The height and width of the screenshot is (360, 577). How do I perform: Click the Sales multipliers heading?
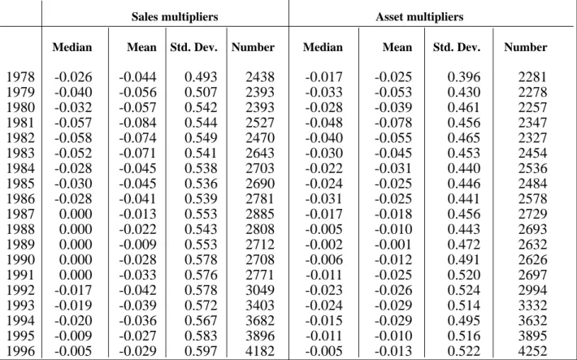coord(175,17)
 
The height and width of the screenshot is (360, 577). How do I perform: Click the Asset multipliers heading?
coord(419,17)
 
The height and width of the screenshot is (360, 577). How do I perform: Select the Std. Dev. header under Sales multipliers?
coord(193,47)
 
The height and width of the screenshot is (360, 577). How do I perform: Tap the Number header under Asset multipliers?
coord(526,47)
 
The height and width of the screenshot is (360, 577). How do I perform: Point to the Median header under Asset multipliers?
coord(323,47)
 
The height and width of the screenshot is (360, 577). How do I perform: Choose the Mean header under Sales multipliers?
coord(141,47)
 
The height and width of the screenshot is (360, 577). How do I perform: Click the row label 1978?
coord(20,77)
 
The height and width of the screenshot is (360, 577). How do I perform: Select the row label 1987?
coord(20,214)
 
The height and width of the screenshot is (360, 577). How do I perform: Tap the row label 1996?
coord(20,351)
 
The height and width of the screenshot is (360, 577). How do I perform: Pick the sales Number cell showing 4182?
coord(260,351)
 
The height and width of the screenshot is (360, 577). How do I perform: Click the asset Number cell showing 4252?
coord(532,351)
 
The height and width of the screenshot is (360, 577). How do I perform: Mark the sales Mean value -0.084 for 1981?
coord(137,123)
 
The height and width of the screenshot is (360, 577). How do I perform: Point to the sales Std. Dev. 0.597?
coord(201,351)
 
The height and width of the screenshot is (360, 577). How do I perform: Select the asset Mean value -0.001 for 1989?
coord(393,245)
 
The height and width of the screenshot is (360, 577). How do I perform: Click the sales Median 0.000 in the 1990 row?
coord(76,259)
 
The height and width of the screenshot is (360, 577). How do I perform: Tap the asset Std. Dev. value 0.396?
coord(464,77)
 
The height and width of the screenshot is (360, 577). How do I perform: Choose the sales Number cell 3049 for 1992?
coord(260,290)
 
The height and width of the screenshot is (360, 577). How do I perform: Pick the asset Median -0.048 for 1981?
coord(323,123)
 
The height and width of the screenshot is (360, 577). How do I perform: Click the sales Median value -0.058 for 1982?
coord(73,137)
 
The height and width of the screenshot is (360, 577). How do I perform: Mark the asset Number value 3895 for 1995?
coord(532,336)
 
